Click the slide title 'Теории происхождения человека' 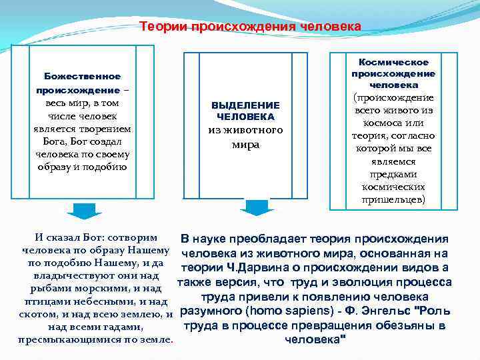click(x=250, y=27)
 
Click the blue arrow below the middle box click(x=253, y=207)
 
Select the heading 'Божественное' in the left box click(x=82, y=77)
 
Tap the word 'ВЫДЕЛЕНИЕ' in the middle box click(x=245, y=105)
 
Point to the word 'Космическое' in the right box click(x=393, y=62)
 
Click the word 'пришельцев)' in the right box click(x=393, y=199)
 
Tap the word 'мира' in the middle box click(x=245, y=143)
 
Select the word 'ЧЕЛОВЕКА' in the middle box click(x=245, y=117)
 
